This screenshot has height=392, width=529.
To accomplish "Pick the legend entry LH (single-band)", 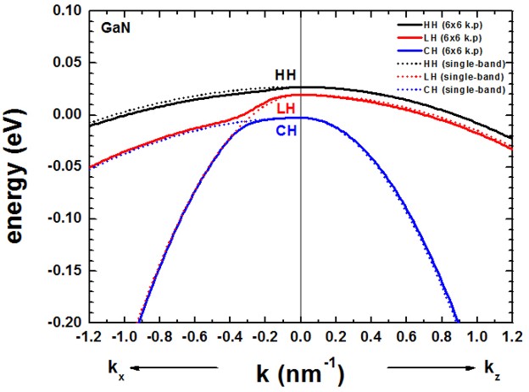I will [x=465, y=77].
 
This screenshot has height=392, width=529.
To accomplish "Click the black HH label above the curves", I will [x=286, y=75].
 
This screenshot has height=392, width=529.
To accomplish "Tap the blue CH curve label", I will [x=285, y=130].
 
